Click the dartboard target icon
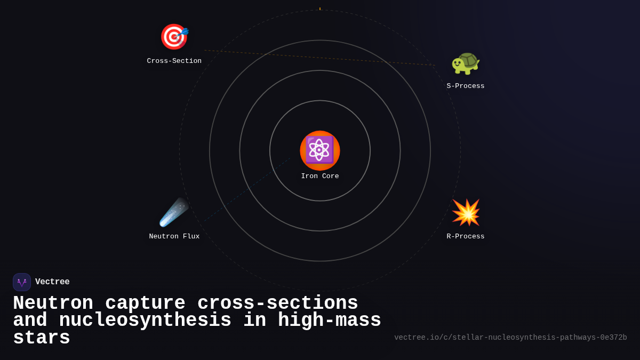coord(174,37)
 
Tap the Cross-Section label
coord(174,61)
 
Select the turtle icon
coord(466,62)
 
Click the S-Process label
coord(466,86)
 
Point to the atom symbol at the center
coord(319,150)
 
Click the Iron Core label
coord(320,176)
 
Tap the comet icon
coord(174,212)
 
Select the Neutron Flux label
coord(174,236)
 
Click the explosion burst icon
coord(466,212)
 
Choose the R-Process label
coord(466,236)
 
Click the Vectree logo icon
coord(22,282)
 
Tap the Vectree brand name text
coord(52,282)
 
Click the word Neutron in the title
coord(53,303)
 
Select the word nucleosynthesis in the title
coord(145,321)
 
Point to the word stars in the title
coord(42,338)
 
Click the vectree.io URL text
coord(510,338)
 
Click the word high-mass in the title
coord(329,321)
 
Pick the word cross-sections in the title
coord(277,303)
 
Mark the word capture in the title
coord(145,303)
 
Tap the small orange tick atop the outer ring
coord(320,9)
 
